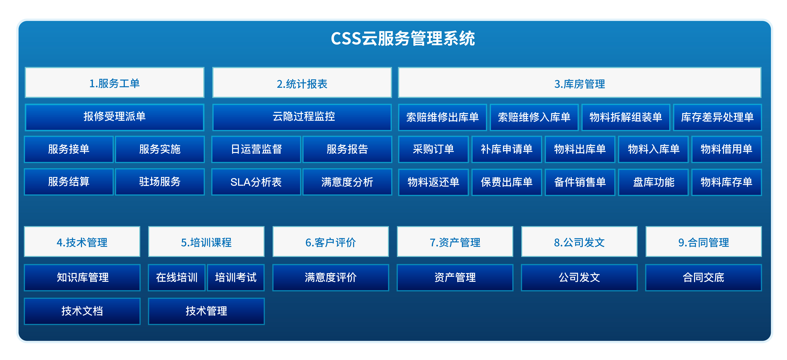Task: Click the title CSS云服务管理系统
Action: [x=403, y=38]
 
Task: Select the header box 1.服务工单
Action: [x=114, y=83]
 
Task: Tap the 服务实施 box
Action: [x=160, y=149]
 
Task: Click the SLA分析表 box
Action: [x=256, y=182]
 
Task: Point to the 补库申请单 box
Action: [x=507, y=149]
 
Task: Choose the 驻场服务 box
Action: [x=160, y=182]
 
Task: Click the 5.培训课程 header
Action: [x=206, y=242]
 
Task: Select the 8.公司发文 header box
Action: [x=579, y=242]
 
